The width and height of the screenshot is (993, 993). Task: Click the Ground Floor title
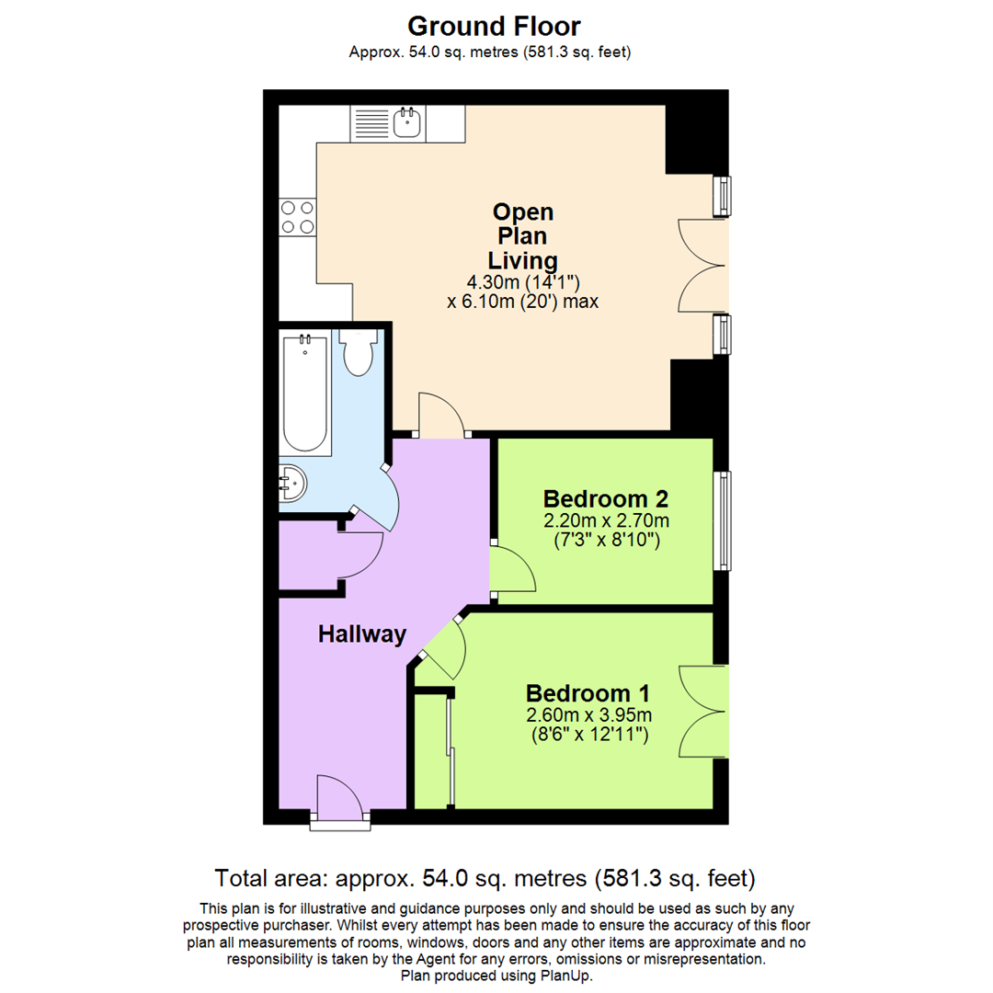tap(494, 26)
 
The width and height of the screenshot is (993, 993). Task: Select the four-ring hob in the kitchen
tap(297, 217)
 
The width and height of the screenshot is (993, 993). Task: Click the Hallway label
tap(361, 633)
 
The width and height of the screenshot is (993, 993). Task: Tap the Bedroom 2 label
tap(604, 499)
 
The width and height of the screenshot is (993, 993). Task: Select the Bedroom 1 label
tap(588, 692)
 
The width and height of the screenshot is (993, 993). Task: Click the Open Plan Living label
tap(523, 235)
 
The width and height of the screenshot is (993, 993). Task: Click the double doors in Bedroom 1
tap(703, 713)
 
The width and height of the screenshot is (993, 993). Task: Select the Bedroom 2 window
tap(725, 520)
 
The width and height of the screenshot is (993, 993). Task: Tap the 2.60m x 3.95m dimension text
tap(588, 715)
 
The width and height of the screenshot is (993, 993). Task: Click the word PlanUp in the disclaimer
tap(565, 976)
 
